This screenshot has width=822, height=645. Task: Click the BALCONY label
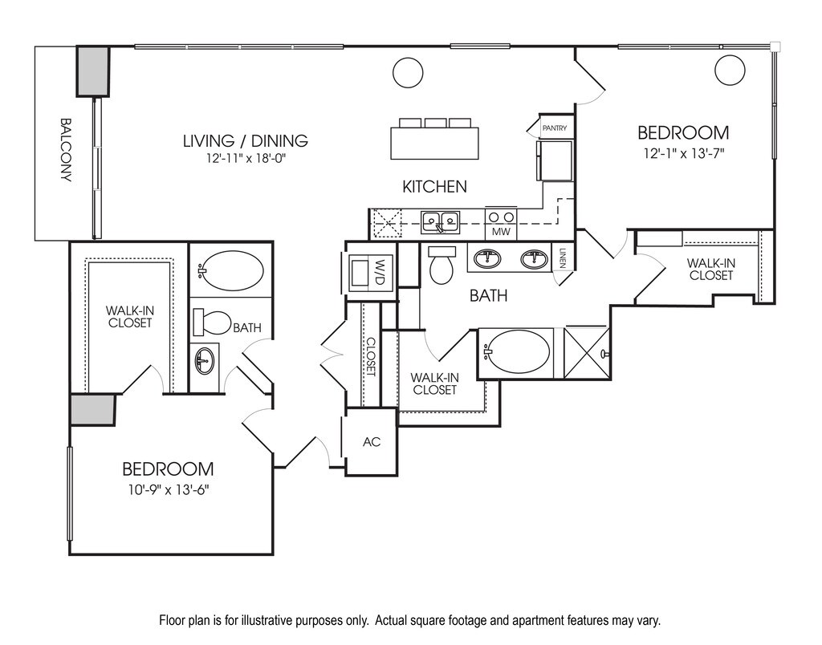(66, 149)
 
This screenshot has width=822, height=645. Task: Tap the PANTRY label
(554, 128)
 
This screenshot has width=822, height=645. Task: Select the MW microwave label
(501, 232)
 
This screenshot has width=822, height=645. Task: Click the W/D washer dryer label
(380, 272)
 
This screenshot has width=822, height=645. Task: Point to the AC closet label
(371, 442)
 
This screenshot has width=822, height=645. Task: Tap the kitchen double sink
(441, 222)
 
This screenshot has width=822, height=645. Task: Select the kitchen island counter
(434, 143)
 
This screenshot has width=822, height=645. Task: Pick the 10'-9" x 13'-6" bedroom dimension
(169, 490)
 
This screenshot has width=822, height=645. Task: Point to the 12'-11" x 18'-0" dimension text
(246, 158)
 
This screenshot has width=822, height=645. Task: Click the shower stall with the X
(587, 352)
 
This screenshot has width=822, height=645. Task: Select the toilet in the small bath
(212, 322)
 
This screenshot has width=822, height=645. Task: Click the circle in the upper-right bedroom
(730, 70)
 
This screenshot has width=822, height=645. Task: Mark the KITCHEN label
(434, 187)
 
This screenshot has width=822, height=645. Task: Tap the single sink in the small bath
(205, 360)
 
